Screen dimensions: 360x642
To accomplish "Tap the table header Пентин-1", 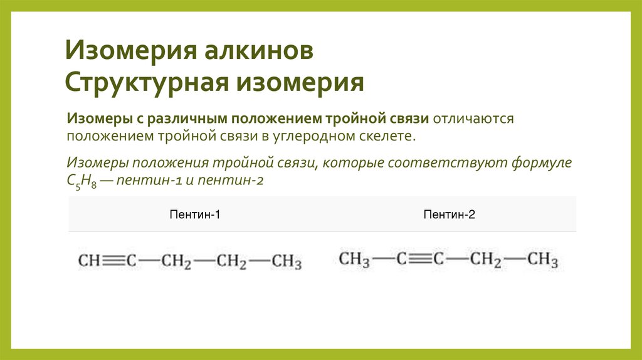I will click(195, 215).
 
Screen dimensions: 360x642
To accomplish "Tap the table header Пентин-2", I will click(449, 215).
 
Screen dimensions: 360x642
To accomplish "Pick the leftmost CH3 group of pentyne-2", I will click(354, 259).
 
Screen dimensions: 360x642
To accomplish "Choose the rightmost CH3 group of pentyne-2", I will click(542, 259).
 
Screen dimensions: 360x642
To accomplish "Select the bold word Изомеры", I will click(97, 119).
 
